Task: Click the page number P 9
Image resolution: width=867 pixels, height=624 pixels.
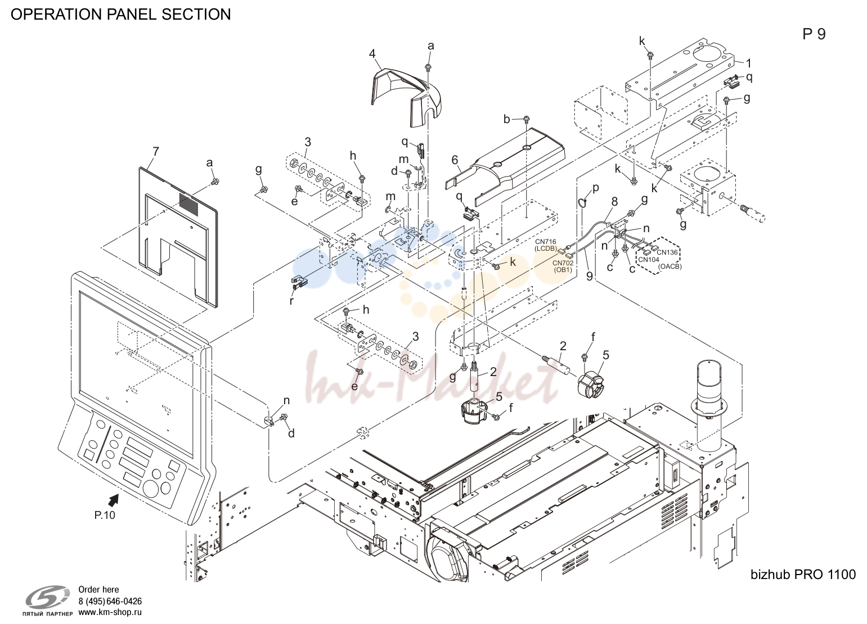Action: pos(814,34)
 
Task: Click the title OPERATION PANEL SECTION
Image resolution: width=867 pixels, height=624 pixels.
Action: pos(121,14)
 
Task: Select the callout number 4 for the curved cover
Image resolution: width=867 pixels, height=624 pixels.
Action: pos(372,53)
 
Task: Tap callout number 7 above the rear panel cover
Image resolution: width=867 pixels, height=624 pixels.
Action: pos(156,151)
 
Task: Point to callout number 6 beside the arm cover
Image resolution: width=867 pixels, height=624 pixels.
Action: pos(455,160)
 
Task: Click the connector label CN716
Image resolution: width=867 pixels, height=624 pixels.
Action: pos(546,242)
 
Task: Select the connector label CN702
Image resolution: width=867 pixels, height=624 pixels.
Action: pos(563,264)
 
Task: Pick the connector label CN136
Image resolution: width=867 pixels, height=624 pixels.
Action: pos(667,252)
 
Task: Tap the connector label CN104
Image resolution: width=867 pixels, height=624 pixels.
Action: pos(648,260)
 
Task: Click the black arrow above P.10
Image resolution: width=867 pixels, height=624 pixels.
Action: pos(113,500)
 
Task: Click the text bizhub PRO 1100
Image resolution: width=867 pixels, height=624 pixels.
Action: pos(803,574)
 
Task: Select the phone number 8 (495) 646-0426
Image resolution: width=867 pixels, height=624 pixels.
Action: pos(110,602)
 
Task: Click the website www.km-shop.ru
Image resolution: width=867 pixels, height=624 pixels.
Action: pos(110,612)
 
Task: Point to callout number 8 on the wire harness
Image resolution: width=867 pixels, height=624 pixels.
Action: pos(614,202)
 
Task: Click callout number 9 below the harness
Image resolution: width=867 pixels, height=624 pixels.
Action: pos(590,276)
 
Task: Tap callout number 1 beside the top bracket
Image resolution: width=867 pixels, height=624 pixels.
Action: pos(748,62)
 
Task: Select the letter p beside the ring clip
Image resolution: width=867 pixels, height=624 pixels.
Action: pos(596,188)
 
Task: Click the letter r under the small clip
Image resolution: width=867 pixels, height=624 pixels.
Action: pos(292,301)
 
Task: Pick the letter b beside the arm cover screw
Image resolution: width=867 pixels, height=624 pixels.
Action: pos(507,119)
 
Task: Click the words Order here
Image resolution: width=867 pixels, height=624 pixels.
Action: pos(98,590)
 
